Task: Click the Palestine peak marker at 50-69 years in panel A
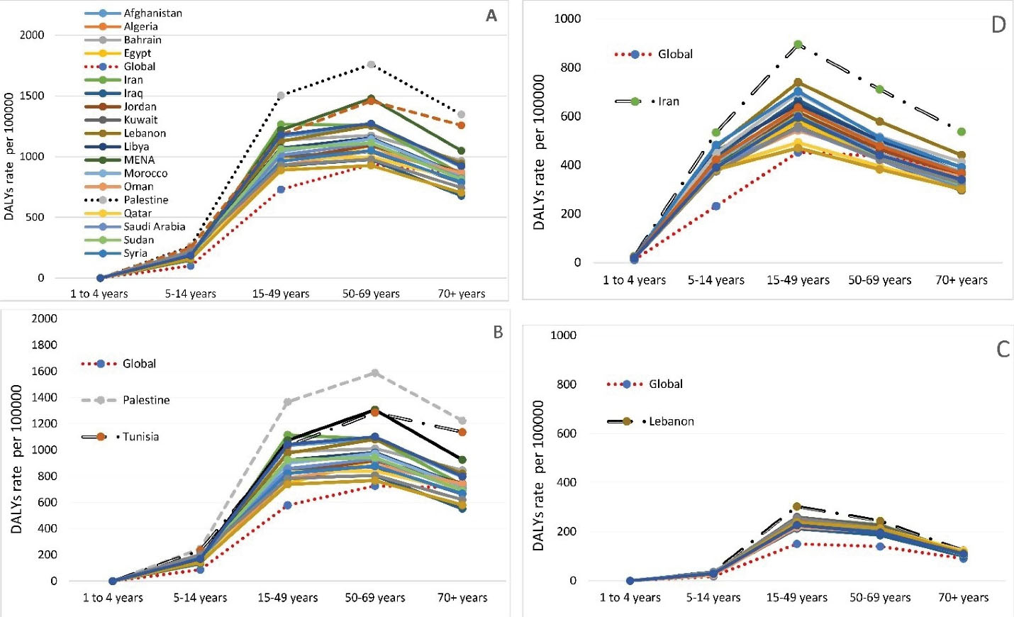(x=371, y=65)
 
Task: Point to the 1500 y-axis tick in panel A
(x=31, y=96)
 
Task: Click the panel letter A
(x=491, y=16)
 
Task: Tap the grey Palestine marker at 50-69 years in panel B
(x=375, y=373)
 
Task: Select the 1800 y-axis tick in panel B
(x=44, y=345)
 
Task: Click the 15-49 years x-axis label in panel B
(x=287, y=598)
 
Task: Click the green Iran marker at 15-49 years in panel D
(x=798, y=45)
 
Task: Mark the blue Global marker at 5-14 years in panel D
(x=715, y=206)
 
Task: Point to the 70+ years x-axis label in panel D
(x=961, y=280)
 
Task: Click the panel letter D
(x=998, y=26)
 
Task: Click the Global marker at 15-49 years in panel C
(x=796, y=544)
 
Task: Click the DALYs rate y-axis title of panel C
(x=538, y=475)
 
